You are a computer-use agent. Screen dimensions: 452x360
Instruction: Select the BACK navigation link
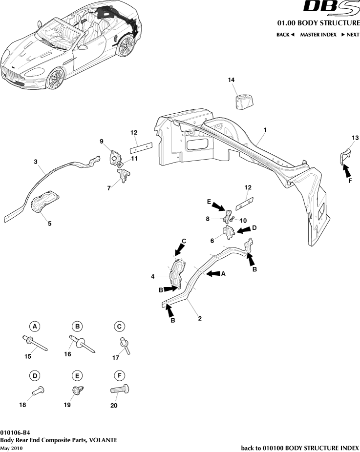click(285, 35)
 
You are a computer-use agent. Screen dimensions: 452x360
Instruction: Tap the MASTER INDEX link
click(318, 35)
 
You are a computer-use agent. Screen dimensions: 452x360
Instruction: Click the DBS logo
click(331, 8)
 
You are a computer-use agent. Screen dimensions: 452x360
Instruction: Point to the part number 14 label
click(232, 79)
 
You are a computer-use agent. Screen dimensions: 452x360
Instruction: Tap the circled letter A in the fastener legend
click(34, 326)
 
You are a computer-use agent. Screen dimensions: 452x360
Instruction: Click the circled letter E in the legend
click(77, 375)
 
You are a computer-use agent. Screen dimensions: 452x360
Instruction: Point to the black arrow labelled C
click(178, 249)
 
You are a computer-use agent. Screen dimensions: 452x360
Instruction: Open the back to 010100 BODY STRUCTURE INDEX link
click(300, 448)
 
